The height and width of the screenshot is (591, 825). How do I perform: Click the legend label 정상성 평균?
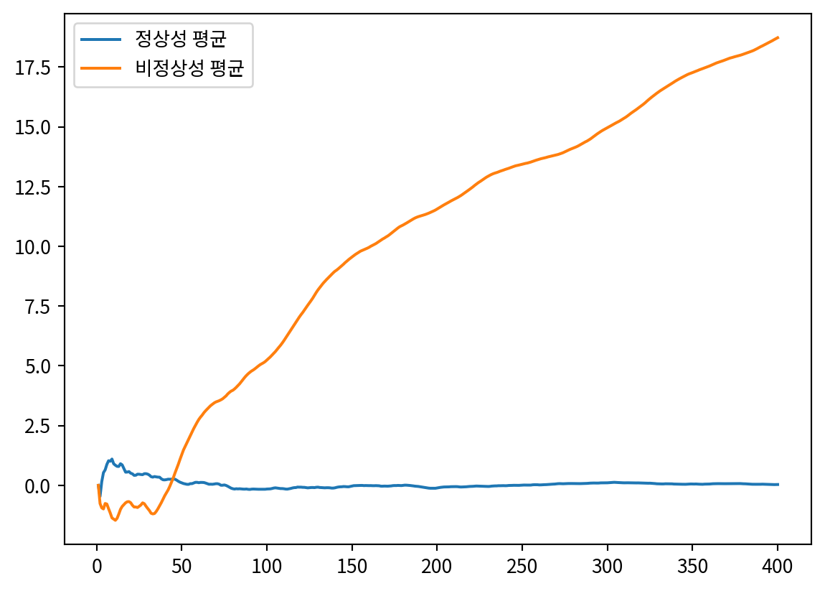[x=181, y=38]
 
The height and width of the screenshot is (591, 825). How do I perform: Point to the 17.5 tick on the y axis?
[x=40, y=68]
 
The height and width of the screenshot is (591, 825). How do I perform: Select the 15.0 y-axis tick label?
[x=40, y=127]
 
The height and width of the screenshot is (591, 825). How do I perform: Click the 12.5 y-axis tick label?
[x=40, y=187]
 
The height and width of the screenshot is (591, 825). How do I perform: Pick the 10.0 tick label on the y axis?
[x=40, y=246]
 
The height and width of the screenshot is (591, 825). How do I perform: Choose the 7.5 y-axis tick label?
[x=44, y=306]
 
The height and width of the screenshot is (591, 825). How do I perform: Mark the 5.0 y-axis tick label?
[x=44, y=366]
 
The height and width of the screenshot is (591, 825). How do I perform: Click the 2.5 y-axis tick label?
[x=44, y=426]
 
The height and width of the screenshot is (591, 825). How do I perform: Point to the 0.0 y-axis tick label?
[x=44, y=485]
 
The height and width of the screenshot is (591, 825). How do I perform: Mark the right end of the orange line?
[x=778, y=37]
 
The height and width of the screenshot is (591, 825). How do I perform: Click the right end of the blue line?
[x=778, y=485]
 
